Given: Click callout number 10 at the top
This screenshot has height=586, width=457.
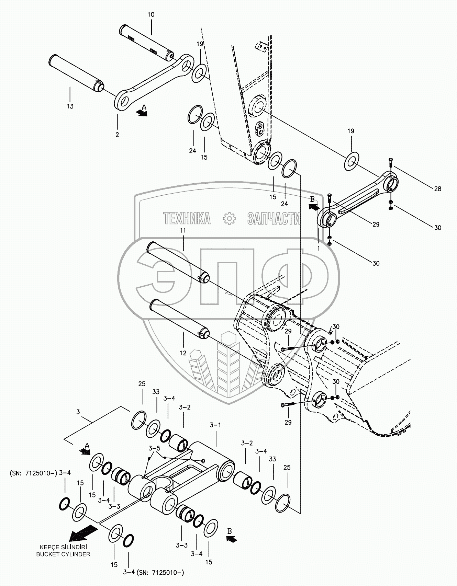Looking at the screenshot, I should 151,15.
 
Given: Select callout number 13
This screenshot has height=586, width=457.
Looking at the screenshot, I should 70,106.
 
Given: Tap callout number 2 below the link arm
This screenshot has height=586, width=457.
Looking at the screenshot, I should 117,135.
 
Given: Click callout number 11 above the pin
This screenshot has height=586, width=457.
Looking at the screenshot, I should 182,231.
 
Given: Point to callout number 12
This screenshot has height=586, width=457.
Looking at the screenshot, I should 183,353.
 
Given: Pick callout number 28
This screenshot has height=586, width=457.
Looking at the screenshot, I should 437,188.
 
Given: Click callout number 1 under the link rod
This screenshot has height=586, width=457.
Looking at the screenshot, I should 319,248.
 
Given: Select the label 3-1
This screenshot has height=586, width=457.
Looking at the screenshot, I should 215,425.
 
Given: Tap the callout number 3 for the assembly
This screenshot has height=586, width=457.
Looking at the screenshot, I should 78,412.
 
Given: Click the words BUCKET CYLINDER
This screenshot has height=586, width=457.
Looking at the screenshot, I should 63,554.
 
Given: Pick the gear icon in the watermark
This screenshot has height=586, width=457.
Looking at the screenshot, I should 228,218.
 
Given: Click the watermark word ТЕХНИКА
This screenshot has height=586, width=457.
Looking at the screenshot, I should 187,218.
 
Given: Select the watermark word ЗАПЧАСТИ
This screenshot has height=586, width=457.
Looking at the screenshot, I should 273,218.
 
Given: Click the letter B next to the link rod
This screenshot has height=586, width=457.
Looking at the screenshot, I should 312,199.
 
